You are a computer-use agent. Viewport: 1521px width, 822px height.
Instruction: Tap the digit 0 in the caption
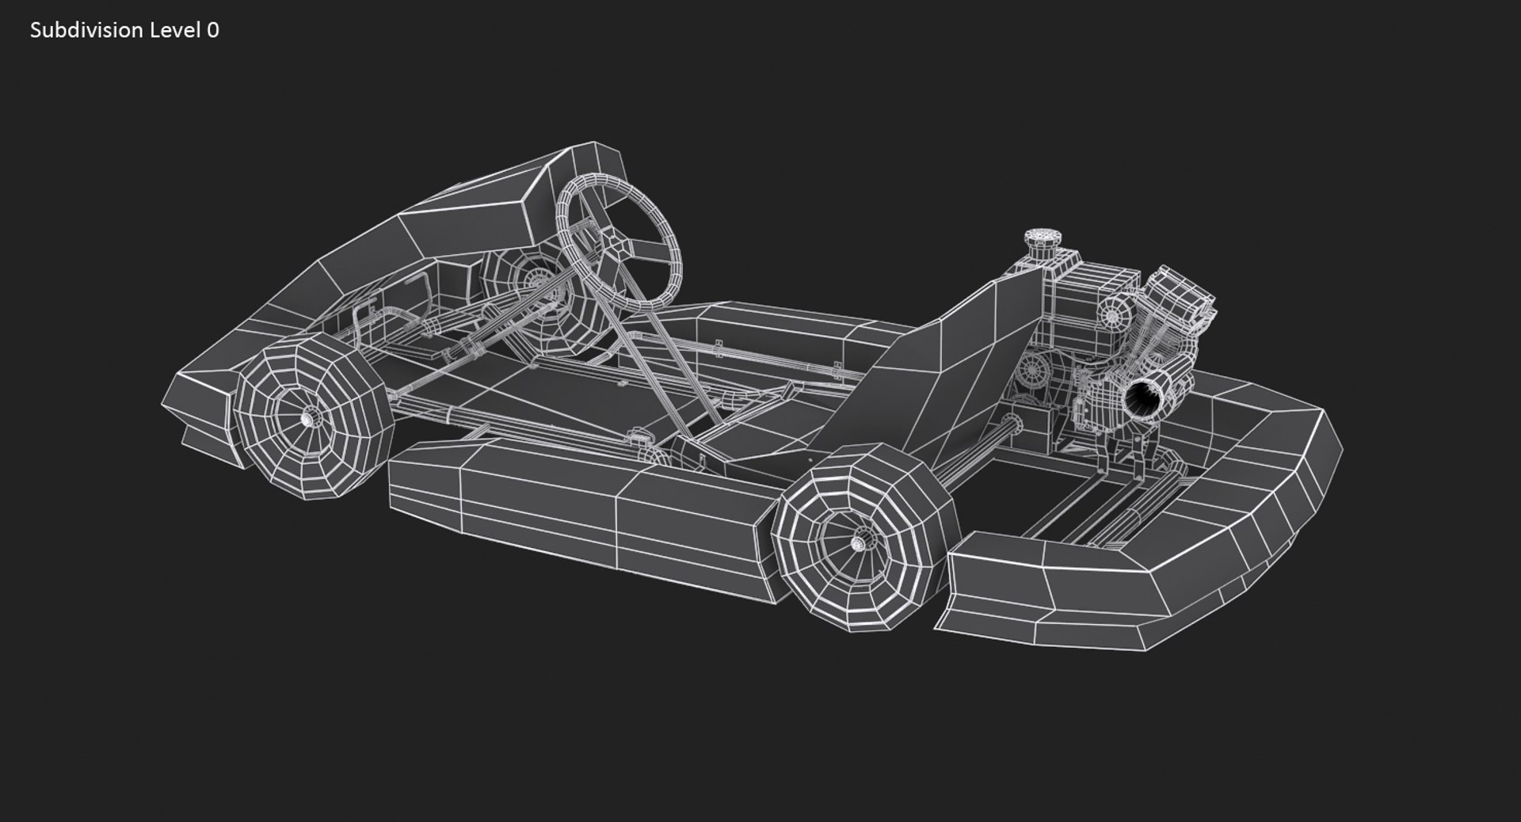(212, 30)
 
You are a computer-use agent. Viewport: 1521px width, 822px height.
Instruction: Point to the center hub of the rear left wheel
(858, 543)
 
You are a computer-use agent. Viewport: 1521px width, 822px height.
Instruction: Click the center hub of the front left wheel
(307, 417)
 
